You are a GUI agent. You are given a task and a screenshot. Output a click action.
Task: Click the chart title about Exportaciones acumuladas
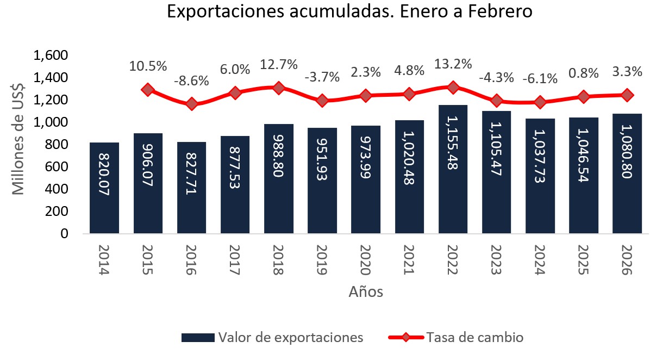coord(349,12)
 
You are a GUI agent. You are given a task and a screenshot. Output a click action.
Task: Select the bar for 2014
coord(104,188)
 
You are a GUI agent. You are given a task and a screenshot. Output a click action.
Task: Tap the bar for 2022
coord(453,169)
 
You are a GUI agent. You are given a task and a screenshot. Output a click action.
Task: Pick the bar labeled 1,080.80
coord(627,173)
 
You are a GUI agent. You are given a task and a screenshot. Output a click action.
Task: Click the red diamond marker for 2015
coord(148,90)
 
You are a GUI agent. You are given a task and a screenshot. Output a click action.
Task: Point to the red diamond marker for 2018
coord(278,88)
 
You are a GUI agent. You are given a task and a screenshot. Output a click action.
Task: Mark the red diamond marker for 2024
coord(540,102)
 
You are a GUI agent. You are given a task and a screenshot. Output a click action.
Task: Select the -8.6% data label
coord(191,81)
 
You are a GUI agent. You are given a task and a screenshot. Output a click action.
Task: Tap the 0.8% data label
coord(583,73)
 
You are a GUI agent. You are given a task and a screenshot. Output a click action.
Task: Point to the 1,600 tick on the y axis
coord(50,55)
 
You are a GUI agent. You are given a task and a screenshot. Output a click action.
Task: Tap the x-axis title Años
coord(365,292)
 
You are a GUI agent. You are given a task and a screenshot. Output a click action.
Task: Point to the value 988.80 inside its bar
coord(278,160)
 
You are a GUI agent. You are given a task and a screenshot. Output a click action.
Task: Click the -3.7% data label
coord(322,77)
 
